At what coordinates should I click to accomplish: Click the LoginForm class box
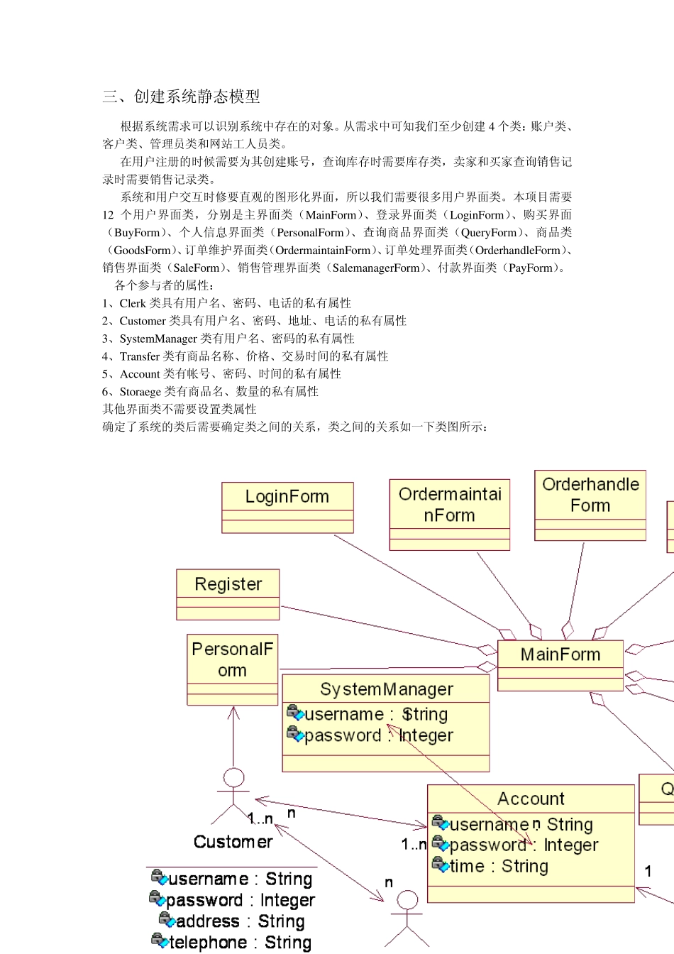[x=287, y=507]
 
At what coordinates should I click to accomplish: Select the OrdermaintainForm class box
[x=450, y=514]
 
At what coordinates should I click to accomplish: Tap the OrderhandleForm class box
[x=590, y=505]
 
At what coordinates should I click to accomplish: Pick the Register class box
[x=228, y=593]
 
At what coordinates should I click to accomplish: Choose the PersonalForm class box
[x=233, y=669]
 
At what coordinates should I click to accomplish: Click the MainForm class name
[x=560, y=654]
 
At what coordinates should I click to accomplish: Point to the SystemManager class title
[x=386, y=689]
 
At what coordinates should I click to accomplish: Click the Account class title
[x=531, y=799]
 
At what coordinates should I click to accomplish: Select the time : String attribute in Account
[x=499, y=866]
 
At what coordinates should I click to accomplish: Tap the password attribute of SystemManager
[x=377, y=735]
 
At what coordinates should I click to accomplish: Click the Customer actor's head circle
[x=233, y=778]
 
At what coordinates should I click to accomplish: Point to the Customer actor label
[x=233, y=842]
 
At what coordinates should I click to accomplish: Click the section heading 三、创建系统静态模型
[x=181, y=97]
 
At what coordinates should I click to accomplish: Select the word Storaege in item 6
[x=140, y=392]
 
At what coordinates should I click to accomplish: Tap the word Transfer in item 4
[x=140, y=356]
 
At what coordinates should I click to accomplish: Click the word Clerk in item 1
[x=133, y=303]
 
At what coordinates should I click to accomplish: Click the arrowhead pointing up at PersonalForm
[x=233, y=711]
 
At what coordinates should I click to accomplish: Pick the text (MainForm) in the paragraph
[x=331, y=215]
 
